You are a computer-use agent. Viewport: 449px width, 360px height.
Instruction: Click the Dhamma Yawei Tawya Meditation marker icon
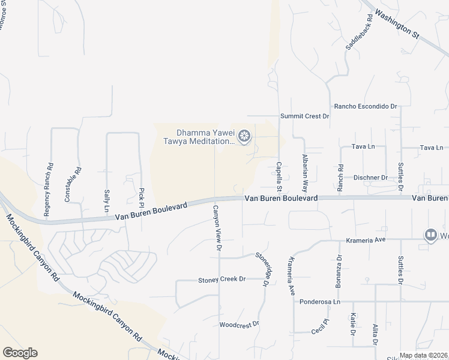(244, 137)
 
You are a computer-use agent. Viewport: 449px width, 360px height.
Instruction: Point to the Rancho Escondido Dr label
(366, 106)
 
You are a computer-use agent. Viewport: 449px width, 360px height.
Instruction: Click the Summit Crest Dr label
(305, 116)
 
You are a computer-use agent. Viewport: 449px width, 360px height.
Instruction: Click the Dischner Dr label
(370, 178)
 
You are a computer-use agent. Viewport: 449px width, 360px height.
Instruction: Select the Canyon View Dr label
(217, 228)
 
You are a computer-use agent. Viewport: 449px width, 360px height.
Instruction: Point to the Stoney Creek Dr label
(222, 280)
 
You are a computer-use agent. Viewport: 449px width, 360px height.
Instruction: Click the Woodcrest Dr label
(239, 324)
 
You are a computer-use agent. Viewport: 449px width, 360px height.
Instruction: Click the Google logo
(20, 353)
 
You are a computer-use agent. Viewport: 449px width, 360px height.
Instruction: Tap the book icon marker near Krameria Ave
(430, 235)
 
